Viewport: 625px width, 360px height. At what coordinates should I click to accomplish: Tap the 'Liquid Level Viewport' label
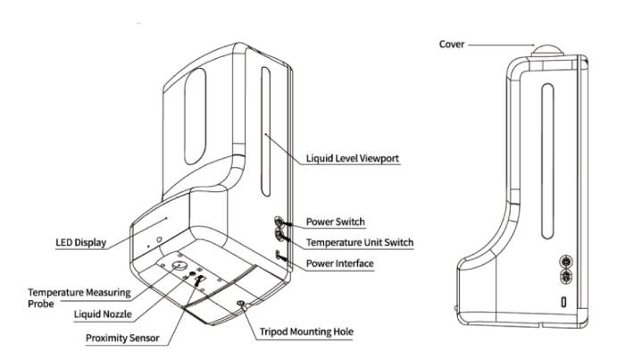(352, 158)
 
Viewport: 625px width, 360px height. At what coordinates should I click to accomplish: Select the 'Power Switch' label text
(336, 221)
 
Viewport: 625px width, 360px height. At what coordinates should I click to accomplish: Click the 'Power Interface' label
(339, 264)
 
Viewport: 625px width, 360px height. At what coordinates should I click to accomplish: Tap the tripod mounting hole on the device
(240, 306)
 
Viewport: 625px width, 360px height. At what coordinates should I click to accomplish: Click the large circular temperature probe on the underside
(179, 267)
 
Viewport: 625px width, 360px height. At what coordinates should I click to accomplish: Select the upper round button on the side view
(565, 262)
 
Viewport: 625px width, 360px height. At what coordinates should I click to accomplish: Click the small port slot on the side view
(564, 303)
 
